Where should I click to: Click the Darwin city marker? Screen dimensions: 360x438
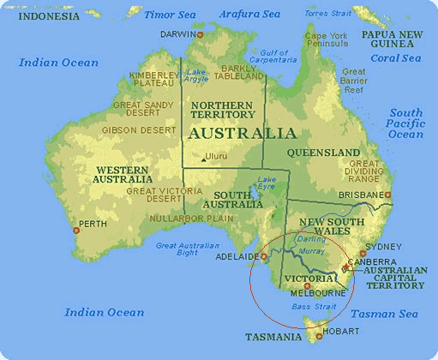(x=200, y=34)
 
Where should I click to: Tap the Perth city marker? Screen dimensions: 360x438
(x=76, y=231)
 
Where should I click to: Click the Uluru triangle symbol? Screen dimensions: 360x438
(x=203, y=158)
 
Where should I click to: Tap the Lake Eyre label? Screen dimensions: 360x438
(x=267, y=185)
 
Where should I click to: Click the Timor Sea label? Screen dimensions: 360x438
(x=170, y=15)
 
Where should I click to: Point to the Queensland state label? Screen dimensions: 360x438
(x=324, y=153)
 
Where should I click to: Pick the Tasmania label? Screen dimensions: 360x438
(x=273, y=337)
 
